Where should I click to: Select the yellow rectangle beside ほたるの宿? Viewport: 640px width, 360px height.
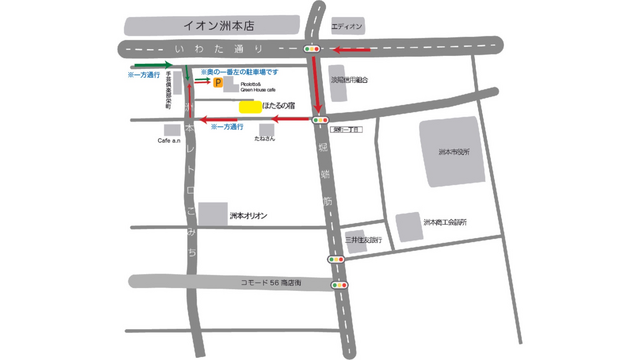[x=250, y=105]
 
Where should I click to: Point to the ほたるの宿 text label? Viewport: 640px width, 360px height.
[x=279, y=105]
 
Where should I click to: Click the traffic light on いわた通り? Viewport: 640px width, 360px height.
[x=315, y=48]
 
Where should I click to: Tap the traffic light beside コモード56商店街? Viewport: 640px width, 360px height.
[x=343, y=285]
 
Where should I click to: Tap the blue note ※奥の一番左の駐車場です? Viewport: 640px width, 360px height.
[x=242, y=73]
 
